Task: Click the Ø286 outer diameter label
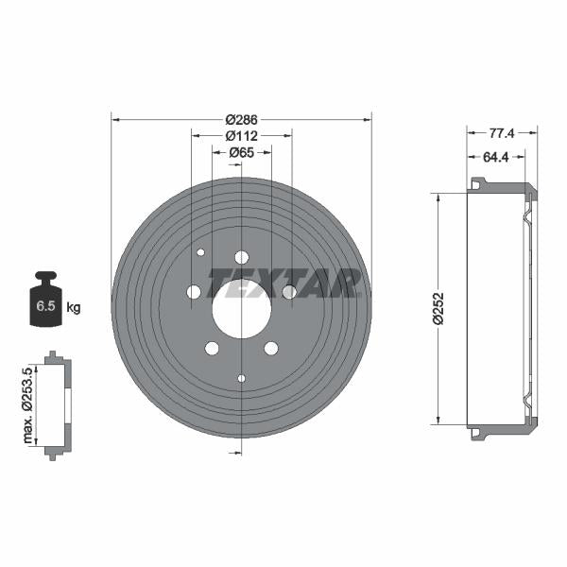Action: (241, 119)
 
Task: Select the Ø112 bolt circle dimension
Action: (241, 136)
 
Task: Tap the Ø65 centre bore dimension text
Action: (242, 152)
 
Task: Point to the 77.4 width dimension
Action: (502, 133)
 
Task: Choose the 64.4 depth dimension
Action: (496, 157)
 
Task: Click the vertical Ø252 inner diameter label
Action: (438, 308)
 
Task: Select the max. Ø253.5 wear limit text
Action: (27, 405)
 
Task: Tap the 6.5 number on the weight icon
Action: (45, 305)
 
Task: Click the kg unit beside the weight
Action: (74, 308)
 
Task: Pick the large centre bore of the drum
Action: (242, 309)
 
